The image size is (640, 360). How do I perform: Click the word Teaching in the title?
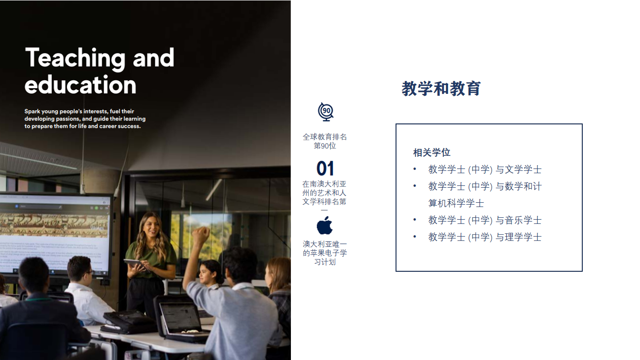76,59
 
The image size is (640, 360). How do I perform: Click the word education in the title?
80,85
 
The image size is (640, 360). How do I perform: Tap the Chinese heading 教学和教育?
441,89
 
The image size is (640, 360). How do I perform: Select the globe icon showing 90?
326,112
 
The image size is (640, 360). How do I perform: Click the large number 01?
325,169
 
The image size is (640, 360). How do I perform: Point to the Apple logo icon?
325,225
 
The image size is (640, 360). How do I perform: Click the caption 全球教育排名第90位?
325,141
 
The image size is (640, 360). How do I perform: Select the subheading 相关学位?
432,153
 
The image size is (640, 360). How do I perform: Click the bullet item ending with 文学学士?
485,170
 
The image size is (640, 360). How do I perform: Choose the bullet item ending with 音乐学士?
485,220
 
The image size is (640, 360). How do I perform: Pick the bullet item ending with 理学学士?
485,237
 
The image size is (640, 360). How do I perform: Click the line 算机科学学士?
456,203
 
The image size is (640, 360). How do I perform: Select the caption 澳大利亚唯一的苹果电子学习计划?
325,253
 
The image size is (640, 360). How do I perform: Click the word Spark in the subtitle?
32,111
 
